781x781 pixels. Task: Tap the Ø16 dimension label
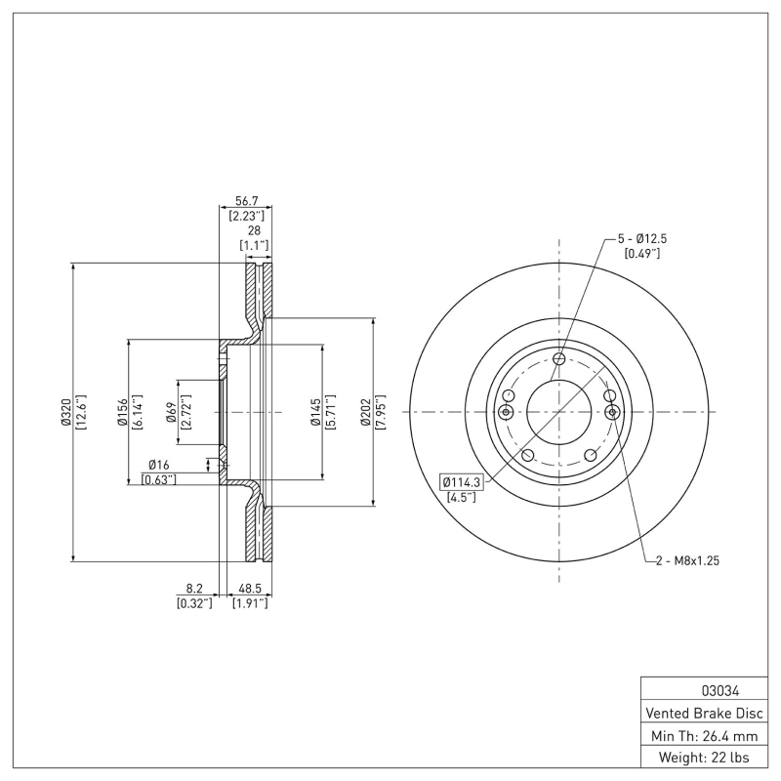[x=158, y=465]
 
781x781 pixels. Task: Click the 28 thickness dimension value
[x=254, y=230]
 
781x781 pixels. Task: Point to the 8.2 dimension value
[x=194, y=589]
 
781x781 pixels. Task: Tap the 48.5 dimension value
[x=249, y=589]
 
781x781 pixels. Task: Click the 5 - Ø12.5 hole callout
[x=641, y=238]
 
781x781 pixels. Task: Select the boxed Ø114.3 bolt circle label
[x=458, y=482]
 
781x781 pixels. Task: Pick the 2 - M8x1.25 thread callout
[x=687, y=561]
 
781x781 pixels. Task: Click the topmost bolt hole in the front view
[x=558, y=359]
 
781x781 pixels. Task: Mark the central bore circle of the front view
[x=558, y=412]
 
